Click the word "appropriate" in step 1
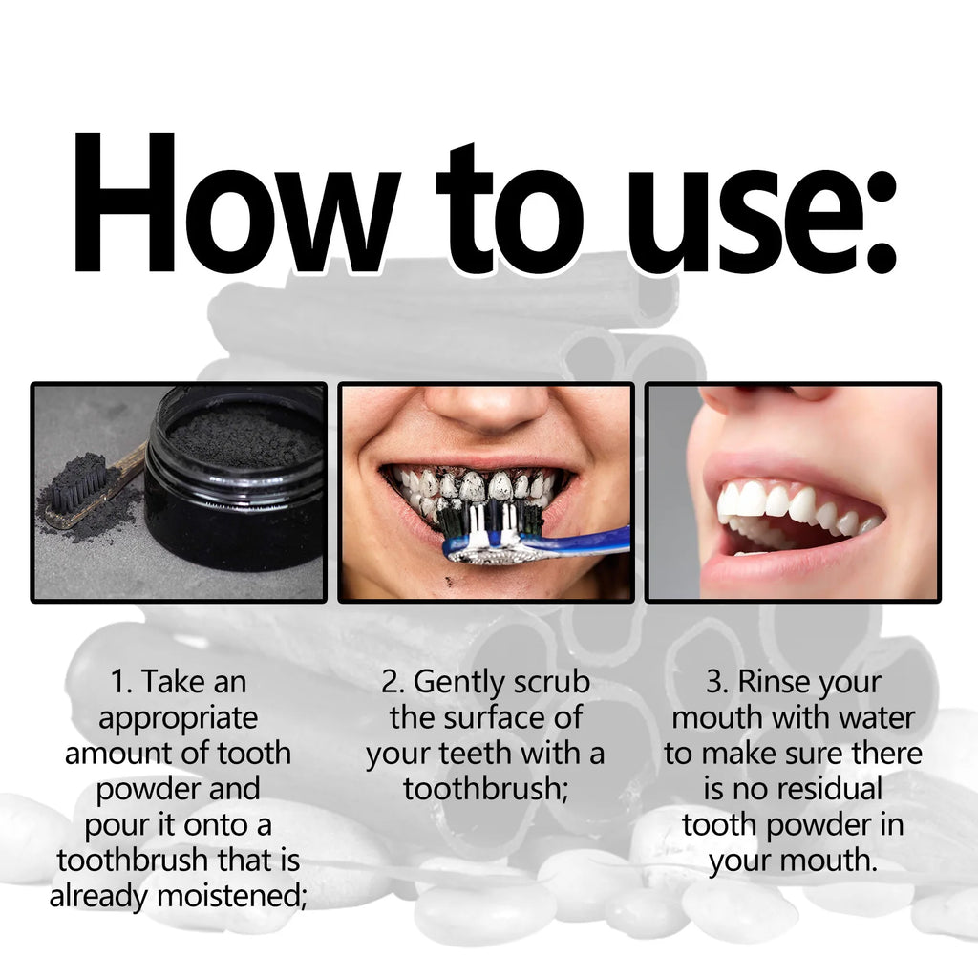tap(178, 717)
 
